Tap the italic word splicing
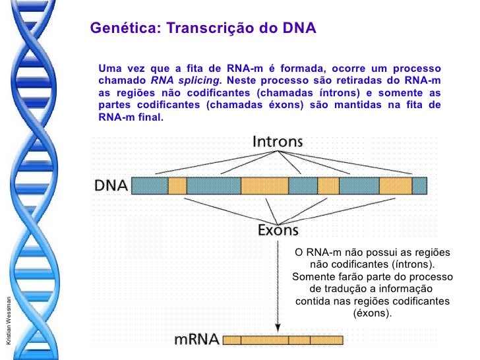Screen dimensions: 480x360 tap(197, 81)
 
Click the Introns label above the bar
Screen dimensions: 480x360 tap(277, 141)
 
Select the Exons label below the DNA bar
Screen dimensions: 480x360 tap(277, 230)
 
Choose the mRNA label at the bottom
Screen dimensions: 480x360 tap(196, 341)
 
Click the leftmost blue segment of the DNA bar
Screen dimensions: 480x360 tap(150, 185)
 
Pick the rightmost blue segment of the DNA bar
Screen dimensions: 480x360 tap(419, 185)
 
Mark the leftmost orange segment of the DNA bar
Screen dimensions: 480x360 tap(177, 185)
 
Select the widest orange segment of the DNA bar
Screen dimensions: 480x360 tap(264, 185)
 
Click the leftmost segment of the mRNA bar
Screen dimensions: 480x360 tap(232, 340)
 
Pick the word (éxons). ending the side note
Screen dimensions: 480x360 tap(373, 313)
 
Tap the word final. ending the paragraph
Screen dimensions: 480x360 tap(149, 117)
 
